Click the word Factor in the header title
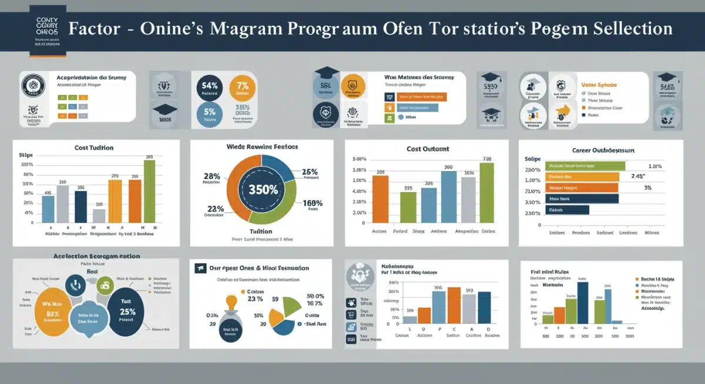coord(92,29)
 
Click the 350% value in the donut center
coord(263,189)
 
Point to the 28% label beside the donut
coord(211,176)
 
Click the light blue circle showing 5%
coord(210,114)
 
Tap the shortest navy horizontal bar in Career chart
coord(567,209)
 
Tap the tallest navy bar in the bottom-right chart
coord(582,302)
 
